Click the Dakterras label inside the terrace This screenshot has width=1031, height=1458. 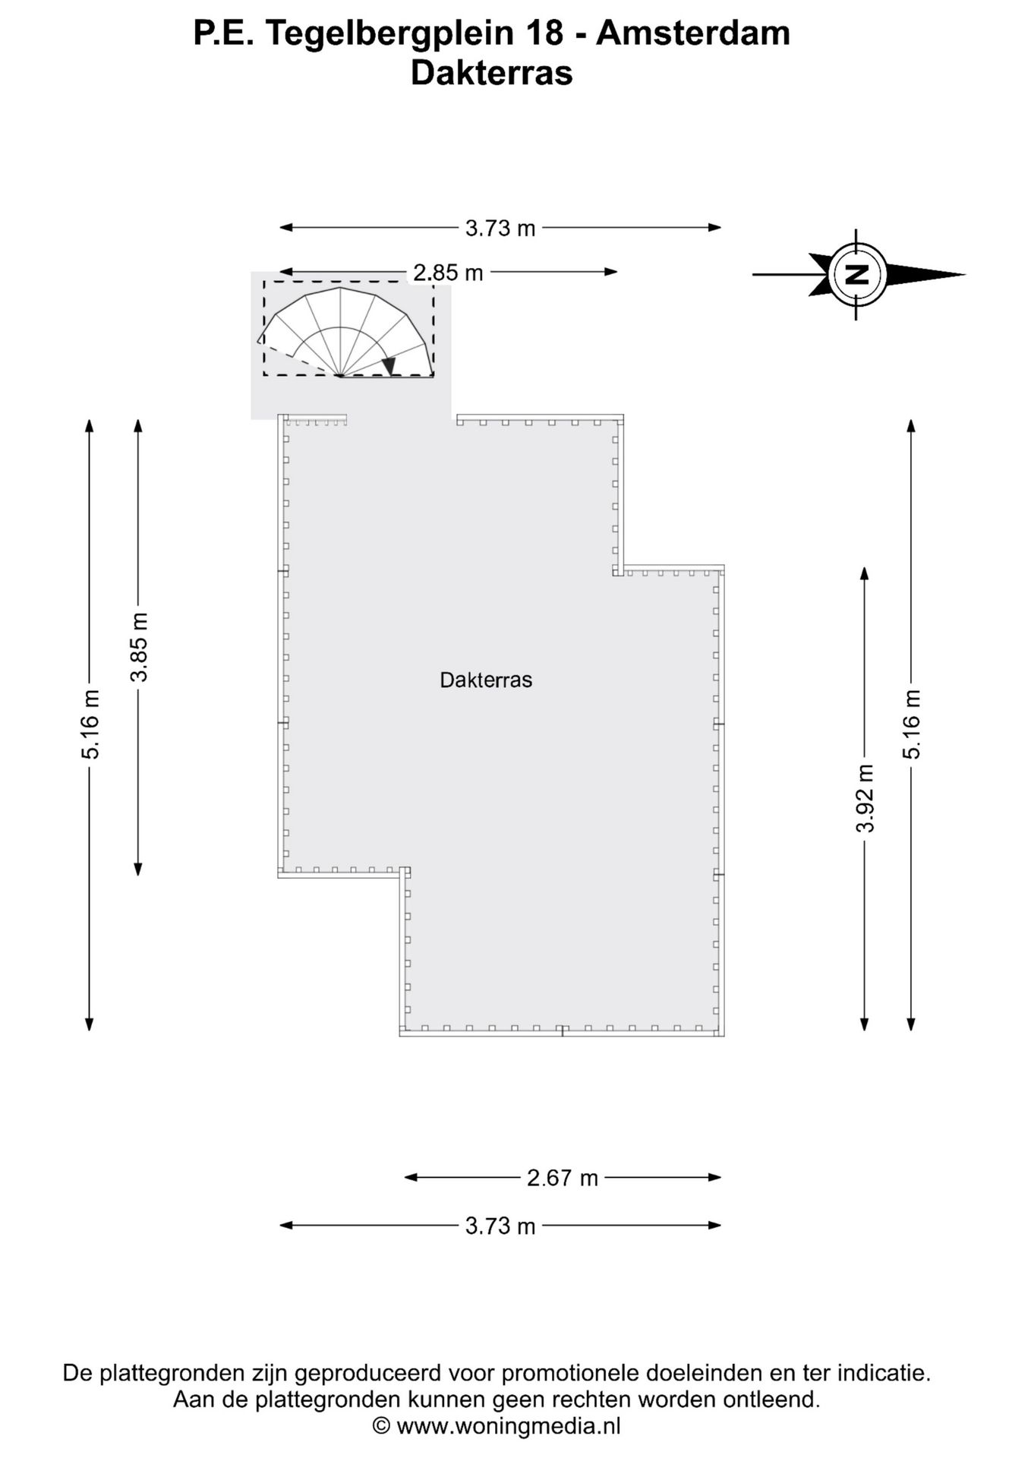point(486,680)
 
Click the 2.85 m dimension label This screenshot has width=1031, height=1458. point(448,272)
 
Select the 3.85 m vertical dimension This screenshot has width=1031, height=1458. point(138,647)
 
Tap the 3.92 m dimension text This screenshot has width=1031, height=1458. point(865,798)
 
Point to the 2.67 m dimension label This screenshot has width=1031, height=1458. point(563,1178)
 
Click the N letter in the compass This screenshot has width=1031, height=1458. point(857,274)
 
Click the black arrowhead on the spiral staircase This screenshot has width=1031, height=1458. point(389,366)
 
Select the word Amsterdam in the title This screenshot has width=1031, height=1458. point(692,33)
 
